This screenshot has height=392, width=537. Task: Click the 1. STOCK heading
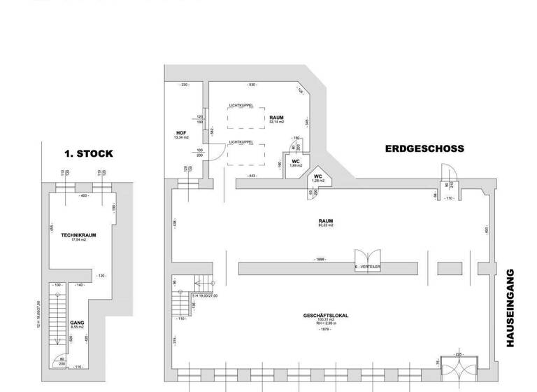pyautogui.click(x=89, y=153)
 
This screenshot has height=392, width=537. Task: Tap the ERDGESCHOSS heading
pyautogui.click(x=424, y=149)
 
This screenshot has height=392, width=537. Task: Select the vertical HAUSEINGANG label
pyautogui.click(x=510, y=307)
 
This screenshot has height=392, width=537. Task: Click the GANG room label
pyautogui.click(x=76, y=323)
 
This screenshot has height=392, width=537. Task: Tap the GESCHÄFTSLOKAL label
pyautogui.click(x=325, y=315)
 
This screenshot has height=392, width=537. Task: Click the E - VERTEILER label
pyautogui.click(x=367, y=267)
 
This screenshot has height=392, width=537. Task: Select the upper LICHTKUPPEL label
pyautogui.click(x=241, y=106)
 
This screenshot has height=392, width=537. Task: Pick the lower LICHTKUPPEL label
pyautogui.click(x=241, y=142)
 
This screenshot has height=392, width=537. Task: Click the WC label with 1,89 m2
pyautogui.click(x=296, y=161)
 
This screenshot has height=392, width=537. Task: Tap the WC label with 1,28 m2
pyautogui.click(x=318, y=176)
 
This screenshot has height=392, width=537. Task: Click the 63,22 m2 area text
pyautogui.click(x=326, y=225)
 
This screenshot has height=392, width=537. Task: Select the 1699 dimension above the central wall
pyautogui.click(x=319, y=259)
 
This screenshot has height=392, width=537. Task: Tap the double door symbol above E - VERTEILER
pyautogui.click(x=367, y=256)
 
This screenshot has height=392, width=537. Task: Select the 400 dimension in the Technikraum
pyautogui.click(x=83, y=195)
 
